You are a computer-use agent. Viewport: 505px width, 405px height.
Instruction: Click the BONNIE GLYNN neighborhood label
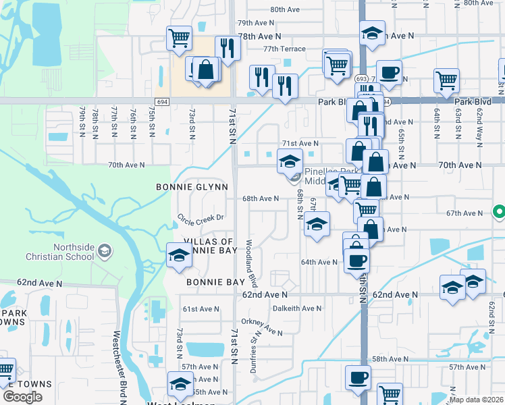pos(192,186)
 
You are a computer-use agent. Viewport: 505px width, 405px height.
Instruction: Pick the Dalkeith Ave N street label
pos(297,308)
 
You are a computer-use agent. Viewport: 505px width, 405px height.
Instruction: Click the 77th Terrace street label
pos(284,49)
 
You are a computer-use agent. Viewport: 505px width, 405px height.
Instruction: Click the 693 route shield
pos(362,78)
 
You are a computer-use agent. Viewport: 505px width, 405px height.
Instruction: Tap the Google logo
pos(22,397)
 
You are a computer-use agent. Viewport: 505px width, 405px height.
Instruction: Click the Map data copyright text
pos(477,400)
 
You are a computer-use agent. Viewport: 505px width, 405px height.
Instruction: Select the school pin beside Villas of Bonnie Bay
pos(179,255)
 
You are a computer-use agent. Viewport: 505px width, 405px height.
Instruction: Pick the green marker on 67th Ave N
pos(499,212)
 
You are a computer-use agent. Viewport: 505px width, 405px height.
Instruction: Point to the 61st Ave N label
pos(201,309)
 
